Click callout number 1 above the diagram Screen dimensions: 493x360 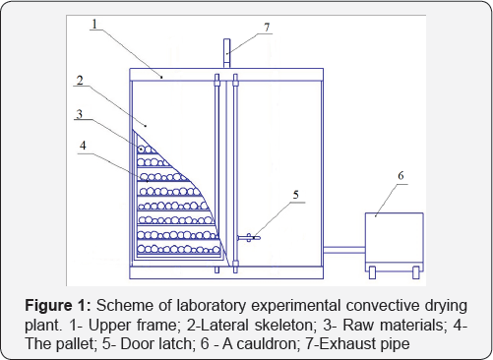click(94, 24)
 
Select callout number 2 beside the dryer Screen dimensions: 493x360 click(80, 81)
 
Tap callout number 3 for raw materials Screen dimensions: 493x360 click(79, 114)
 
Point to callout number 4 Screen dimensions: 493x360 click(83, 146)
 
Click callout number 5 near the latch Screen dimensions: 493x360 click(296, 195)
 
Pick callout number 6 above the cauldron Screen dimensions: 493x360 click(401, 176)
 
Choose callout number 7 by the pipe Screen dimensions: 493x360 click(267, 28)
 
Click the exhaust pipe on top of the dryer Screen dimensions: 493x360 click(226, 53)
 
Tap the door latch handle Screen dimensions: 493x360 click(249, 238)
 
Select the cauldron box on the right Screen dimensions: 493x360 click(395, 242)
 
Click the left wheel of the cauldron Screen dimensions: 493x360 click(372, 272)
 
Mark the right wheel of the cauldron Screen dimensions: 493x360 click(416, 272)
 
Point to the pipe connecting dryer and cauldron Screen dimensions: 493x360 click(344, 250)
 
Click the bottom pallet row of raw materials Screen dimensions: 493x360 click(179, 249)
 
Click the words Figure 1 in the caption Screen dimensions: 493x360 click(58, 306)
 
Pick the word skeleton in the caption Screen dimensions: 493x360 click(283, 325)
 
